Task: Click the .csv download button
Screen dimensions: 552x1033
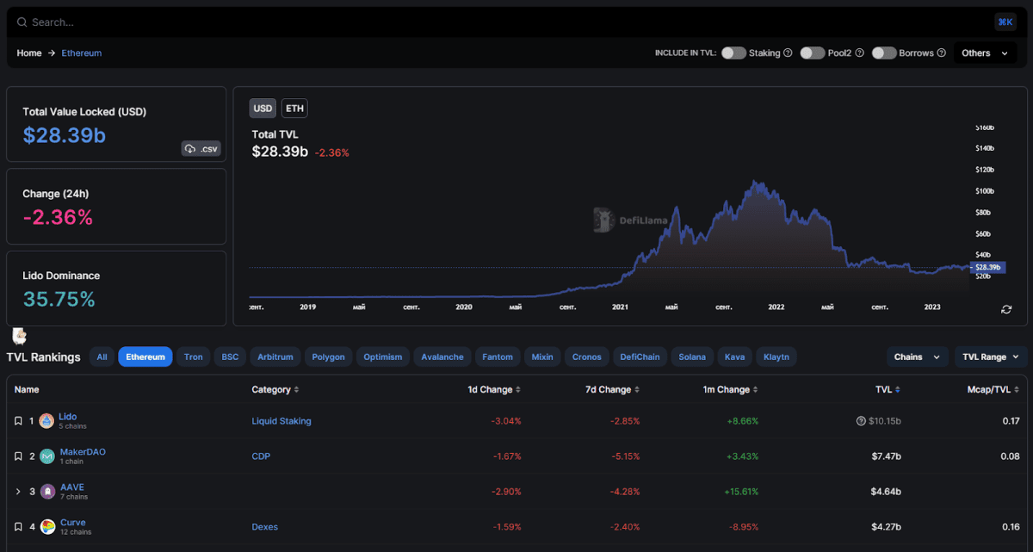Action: pyautogui.click(x=201, y=149)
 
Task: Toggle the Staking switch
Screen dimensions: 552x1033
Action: pyautogui.click(x=733, y=53)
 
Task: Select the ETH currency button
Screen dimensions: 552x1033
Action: pyautogui.click(x=294, y=109)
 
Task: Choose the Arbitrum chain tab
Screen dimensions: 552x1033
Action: pyautogui.click(x=275, y=357)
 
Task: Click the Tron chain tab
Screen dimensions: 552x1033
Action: pyautogui.click(x=194, y=357)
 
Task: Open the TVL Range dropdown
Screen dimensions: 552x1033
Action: pyautogui.click(x=991, y=357)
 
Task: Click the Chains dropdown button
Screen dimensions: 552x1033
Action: pyautogui.click(x=917, y=357)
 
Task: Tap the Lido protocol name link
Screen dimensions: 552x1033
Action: pyautogui.click(x=68, y=417)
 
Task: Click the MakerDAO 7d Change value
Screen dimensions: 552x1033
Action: pyautogui.click(x=625, y=456)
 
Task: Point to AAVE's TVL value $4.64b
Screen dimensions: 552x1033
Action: pyautogui.click(x=886, y=492)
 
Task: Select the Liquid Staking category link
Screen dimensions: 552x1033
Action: pyautogui.click(x=281, y=421)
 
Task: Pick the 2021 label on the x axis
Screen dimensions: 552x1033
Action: pyautogui.click(x=620, y=307)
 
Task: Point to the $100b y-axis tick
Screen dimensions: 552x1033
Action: pyautogui.click(x=983, y=191)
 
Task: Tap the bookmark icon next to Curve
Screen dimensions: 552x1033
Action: pyautogui.click(x=18, y=526)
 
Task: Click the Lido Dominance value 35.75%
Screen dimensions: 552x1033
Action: pyautogui.click(x=59, y=300)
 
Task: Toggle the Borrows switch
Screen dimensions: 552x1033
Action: pyautogui.click(x=884, y=53)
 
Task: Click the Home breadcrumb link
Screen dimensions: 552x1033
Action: pyautogui.click(x=29, y=53)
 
